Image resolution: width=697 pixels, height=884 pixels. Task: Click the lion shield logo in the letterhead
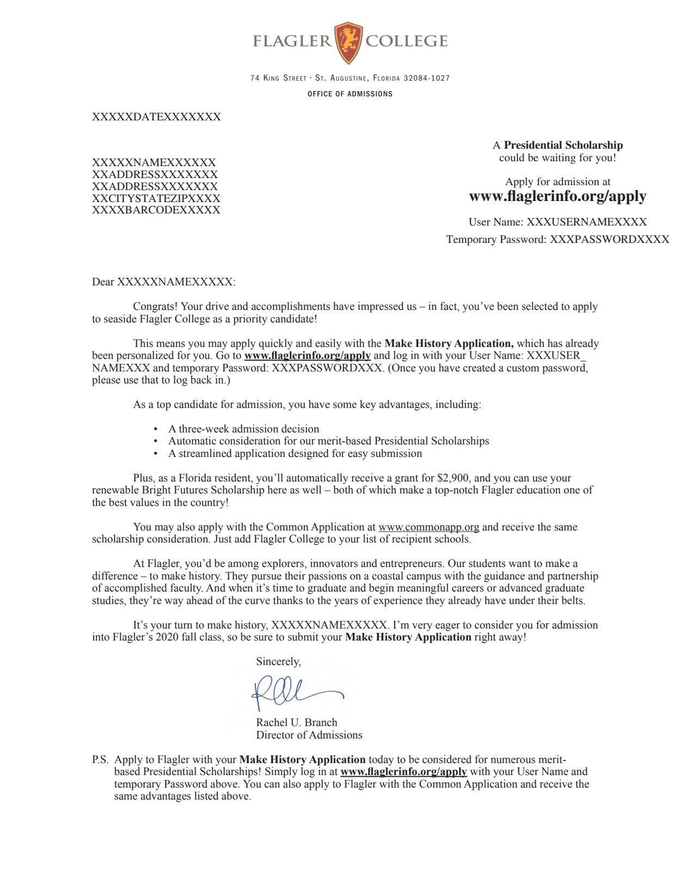click(x=348, y=42)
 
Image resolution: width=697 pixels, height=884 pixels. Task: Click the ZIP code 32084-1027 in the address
click(x=426, y=78)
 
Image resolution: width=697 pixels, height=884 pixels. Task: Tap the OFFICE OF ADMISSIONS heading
click(x=350, y=94)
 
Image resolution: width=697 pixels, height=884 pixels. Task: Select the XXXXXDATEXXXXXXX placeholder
click(x=156, y=117)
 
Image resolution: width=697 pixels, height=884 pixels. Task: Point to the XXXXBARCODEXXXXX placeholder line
click(x=156, y=210)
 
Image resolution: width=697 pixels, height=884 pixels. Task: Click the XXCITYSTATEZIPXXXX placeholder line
click(x=156, y=198)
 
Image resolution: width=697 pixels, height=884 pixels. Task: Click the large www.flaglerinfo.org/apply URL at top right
click(x=558, y=196)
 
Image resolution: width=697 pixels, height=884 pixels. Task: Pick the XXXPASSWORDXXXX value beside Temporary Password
click(x=609, y=239)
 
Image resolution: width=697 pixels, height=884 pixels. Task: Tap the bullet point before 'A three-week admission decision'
click(x=156, y=429)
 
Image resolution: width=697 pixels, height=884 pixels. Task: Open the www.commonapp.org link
click(x=429, y=527)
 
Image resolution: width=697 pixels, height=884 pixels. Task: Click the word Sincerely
click(x=278, y=661)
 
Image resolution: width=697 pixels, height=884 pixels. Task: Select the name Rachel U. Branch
click(x=297, y=722)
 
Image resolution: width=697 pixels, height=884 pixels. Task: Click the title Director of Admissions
click(x=309, y=735)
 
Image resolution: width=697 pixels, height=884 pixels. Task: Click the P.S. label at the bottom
click(x=100, y=759)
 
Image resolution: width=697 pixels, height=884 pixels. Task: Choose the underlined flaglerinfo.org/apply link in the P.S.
click(x=403, y=771)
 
